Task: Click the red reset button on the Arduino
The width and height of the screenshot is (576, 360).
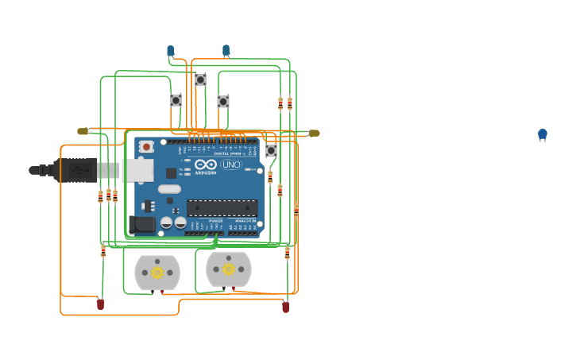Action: click(146, 147)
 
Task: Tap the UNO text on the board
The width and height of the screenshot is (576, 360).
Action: click(231, 165)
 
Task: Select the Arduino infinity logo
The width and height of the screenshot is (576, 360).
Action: click(205, 165)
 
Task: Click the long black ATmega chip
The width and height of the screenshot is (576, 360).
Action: click(222, 208)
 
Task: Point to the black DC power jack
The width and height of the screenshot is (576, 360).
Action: click(143, 224)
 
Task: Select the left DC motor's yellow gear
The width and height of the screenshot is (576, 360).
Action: click(157, 273)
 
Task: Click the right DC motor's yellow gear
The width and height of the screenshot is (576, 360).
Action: click(228, 269)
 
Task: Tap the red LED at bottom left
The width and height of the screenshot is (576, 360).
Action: click(100, 304)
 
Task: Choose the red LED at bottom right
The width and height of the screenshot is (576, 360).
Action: click(286, 306)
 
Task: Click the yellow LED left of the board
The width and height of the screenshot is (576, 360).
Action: click(83, 131)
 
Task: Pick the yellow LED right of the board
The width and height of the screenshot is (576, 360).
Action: click(314, 133)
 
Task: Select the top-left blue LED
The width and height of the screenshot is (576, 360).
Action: click(170, 51)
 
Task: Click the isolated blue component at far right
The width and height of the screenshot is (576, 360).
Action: click(543, 134)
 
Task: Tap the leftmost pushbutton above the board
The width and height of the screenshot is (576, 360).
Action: click(176, 100)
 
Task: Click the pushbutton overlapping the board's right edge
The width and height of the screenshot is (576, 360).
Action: click(271, 150)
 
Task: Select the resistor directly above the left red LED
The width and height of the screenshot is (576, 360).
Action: click(102, 251)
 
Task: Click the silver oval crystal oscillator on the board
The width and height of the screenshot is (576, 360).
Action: click(169, 189)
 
